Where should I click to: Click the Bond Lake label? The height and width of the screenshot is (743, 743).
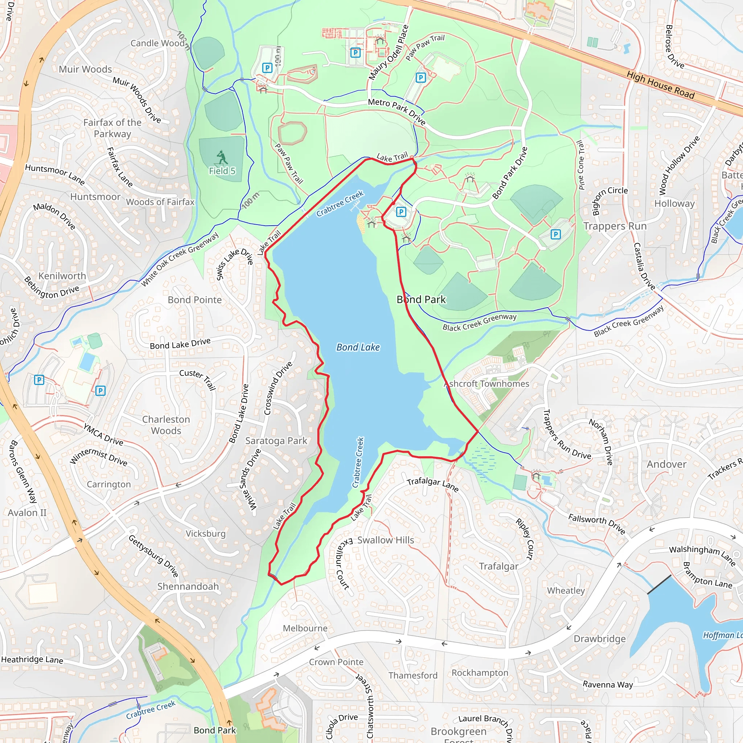(x=358, y=347)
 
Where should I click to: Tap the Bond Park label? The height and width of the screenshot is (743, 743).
(x=421, y=299)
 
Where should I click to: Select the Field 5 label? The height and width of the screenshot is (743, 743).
(x=222, y=171)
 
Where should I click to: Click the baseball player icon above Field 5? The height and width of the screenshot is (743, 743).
(x=222, y=157)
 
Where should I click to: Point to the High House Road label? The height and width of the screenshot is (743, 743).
(x=660, y=85)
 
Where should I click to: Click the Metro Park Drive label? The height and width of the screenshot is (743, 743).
(x=397, y=111)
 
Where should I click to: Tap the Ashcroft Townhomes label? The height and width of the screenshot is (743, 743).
(x=487, y=383)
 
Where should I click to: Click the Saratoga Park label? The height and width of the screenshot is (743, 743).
(x=276, y=441)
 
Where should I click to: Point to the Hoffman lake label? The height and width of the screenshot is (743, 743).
(x=722, y=635)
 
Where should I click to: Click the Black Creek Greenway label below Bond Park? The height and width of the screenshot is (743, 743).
(x=479, y=322)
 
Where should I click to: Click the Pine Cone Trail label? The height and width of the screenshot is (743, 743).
(x=581, y=165)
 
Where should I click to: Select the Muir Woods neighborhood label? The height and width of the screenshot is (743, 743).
(x=85, y=69)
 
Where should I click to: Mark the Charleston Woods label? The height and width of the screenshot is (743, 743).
(x=166, y=425)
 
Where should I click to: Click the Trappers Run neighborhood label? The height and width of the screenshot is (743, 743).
(x=615, y=226)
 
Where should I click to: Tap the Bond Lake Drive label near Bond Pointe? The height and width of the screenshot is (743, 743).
(x=180, y=344)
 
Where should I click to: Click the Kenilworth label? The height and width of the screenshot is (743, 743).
(x=62, y=276)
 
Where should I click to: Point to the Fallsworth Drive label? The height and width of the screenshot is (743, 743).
(x=596, y=524)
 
